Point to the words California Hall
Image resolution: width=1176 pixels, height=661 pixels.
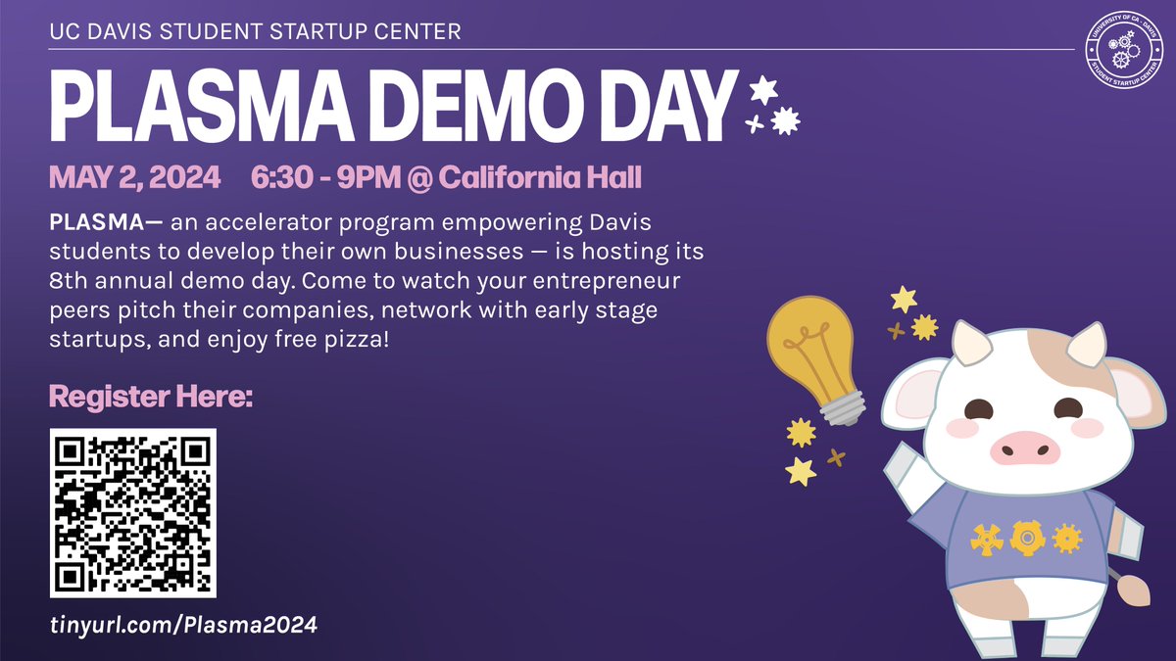540,179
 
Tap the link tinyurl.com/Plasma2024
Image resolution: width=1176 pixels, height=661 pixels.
183,625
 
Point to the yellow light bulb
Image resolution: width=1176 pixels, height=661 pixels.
809,349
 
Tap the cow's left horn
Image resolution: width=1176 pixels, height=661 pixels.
970,345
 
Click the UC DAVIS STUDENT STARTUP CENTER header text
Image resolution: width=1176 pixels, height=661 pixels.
255,32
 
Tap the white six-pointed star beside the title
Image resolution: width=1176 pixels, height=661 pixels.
762,90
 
